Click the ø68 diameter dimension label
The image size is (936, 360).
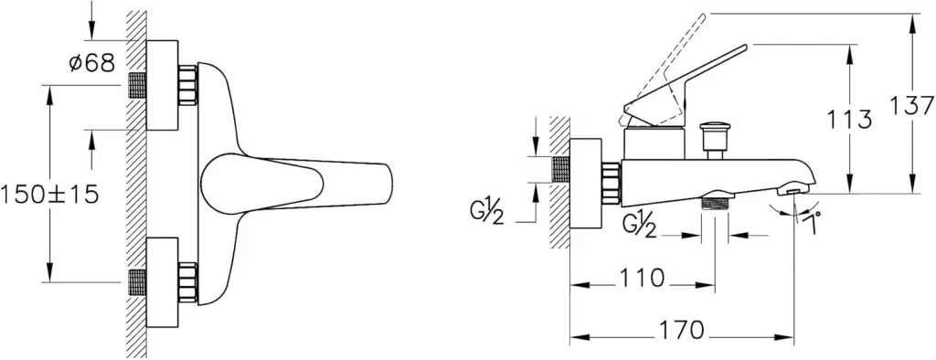coord(91,62)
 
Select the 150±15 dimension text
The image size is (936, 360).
coord(49,195)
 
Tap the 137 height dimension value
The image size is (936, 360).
coord(911,106)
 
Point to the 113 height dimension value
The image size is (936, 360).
coord(849,121)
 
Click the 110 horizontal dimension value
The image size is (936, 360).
coord(642,278)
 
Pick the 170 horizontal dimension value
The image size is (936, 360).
coord(682,330)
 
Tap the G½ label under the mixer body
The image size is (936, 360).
coord(638,228)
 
